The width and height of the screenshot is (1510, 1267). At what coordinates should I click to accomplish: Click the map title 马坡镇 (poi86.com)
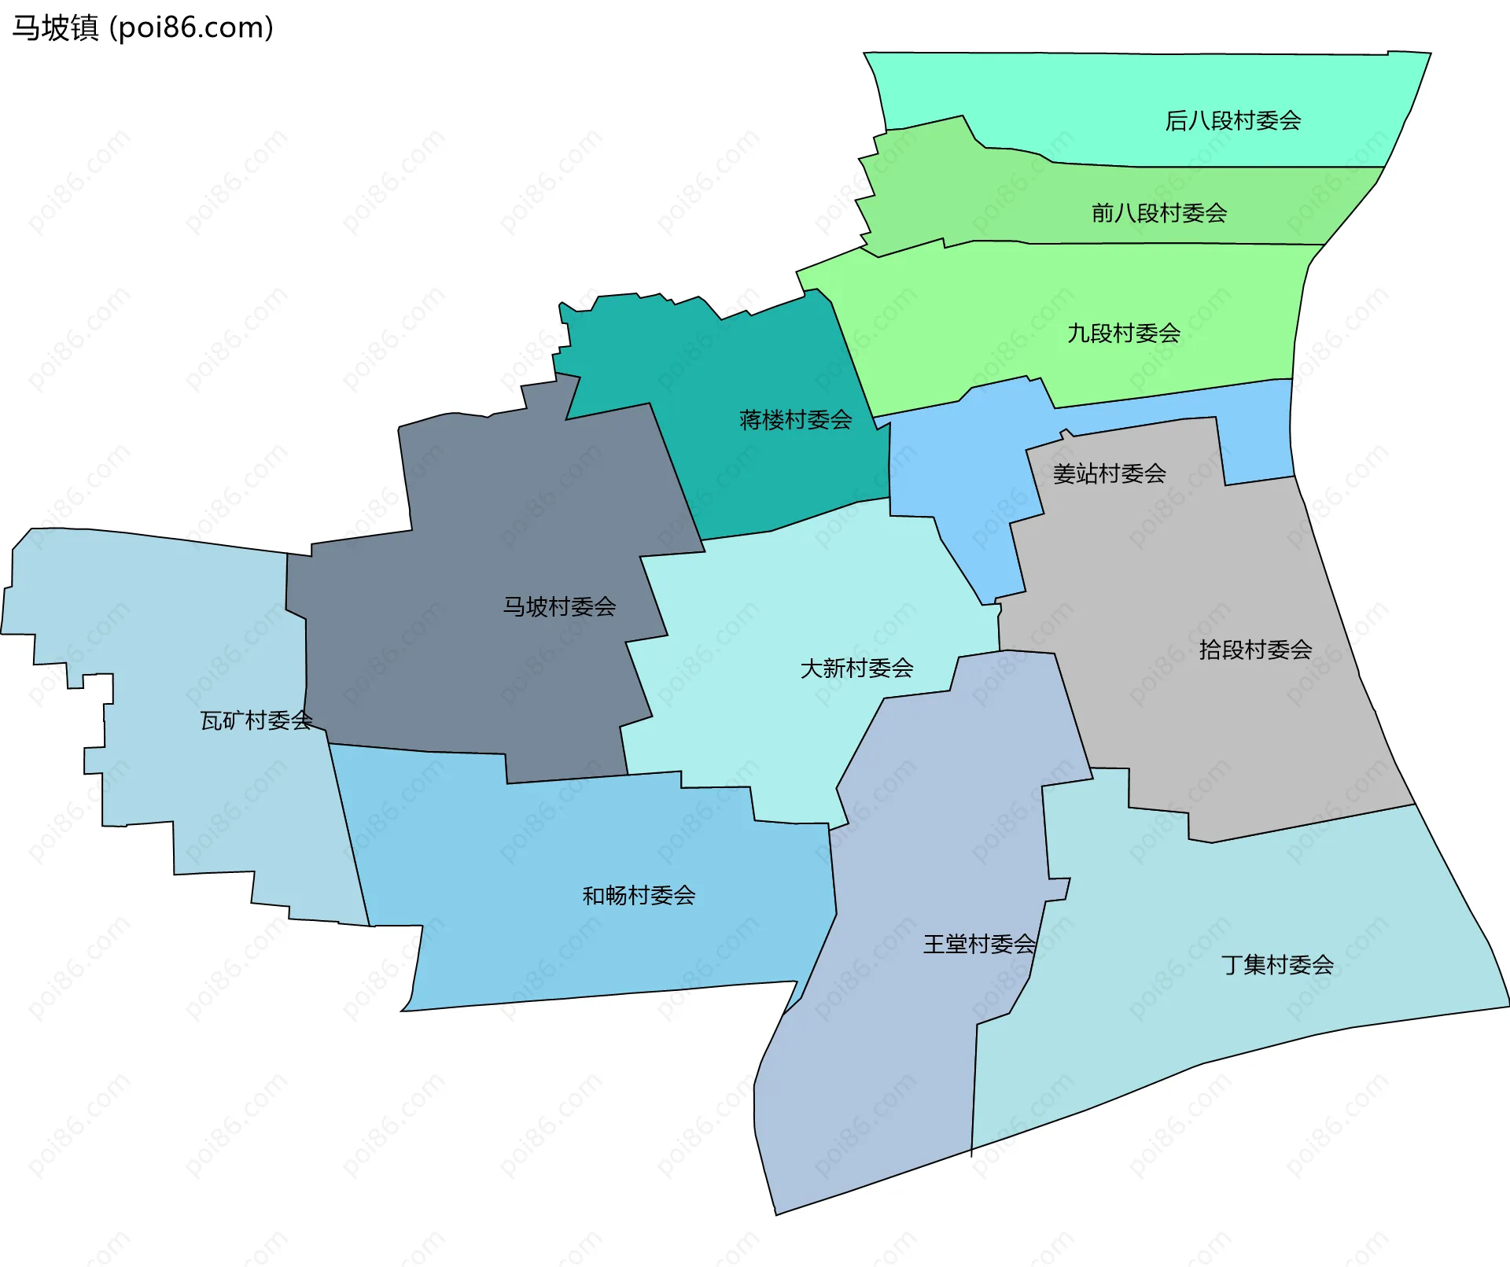tap(142, 28)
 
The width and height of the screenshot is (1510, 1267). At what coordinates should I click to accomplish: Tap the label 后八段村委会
tap(1232, 120)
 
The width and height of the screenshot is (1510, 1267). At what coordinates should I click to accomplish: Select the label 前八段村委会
tap(1158, 212)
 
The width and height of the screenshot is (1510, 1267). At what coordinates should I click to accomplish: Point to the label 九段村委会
tap(1123, 333)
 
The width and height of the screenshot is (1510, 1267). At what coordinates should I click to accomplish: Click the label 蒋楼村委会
tap(795, 419)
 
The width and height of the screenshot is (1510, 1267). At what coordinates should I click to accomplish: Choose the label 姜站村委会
tap(1109, 473)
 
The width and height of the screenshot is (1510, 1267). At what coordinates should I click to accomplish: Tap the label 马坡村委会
tap(559, 606)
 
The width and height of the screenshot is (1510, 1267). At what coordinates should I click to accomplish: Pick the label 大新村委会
tap(856, 668)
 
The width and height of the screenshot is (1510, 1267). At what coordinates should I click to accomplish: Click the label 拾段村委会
tap(1255, 649)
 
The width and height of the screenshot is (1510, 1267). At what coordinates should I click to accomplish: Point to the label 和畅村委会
tap(639, 895)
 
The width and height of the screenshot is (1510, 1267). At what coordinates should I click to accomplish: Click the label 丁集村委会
tap(1277, 964)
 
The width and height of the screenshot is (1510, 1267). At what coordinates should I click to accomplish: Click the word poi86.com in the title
tap(191, 28)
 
